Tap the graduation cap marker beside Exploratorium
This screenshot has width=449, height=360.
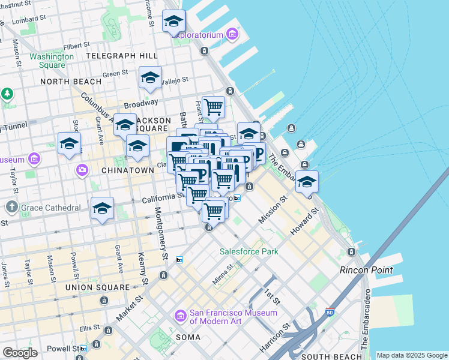click(174, 22)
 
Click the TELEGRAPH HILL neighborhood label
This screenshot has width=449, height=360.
click(122, 56)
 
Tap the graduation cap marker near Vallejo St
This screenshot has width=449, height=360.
click(150, 78)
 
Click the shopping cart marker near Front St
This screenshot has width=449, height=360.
click(214, 107)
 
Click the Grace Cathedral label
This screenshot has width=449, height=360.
click(50, 208)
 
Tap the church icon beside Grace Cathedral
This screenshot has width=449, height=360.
click(11, 208)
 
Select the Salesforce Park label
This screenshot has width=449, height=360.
click(249, 251)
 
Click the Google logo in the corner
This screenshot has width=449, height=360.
click(19, 353)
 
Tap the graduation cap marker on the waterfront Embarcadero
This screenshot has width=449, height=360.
click(307, 182)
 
